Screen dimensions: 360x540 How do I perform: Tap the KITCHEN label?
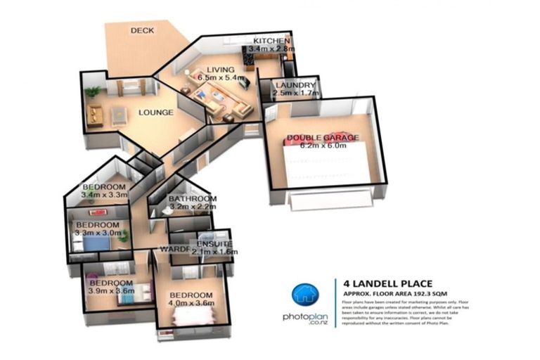[271, 41]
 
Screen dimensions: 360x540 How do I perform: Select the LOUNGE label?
[155, 112]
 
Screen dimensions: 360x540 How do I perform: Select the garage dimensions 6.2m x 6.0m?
[324, 146]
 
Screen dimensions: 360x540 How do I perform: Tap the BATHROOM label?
[191, 200]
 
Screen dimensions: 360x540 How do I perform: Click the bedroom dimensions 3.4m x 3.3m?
[104, 195]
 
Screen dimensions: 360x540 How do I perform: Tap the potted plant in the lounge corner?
[92, 91]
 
